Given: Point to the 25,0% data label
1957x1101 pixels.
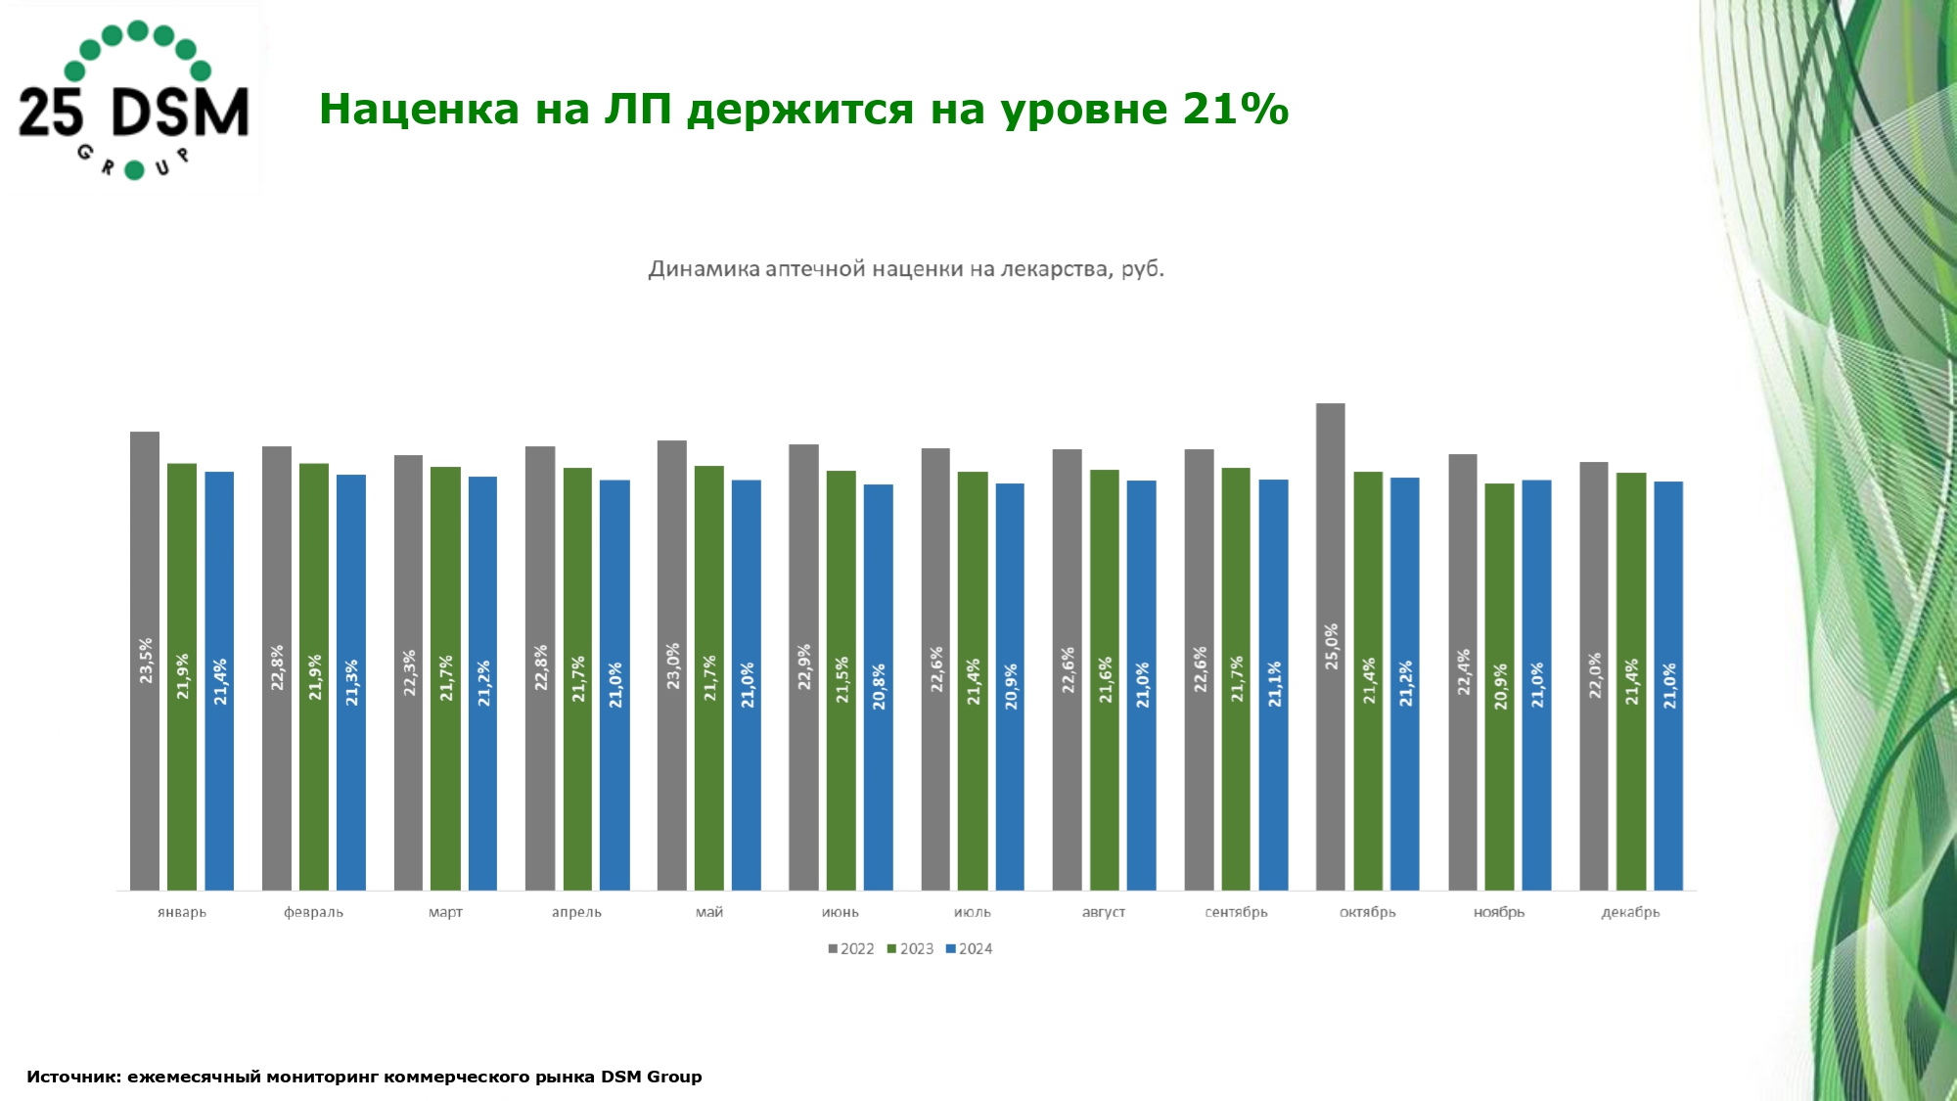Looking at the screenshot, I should tap(1331, 646).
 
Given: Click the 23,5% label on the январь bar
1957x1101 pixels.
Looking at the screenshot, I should tap(146, 660).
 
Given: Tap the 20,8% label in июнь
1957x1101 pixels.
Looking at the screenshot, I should tap(879, 686).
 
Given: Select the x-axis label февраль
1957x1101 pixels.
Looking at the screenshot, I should tap(313, 912).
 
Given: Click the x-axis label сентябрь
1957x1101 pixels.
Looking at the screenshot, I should tap(1236, 912).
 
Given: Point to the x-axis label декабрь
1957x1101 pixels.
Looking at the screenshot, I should tap(1630, 912).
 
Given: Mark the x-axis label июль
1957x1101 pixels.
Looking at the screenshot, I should tap(972, 912).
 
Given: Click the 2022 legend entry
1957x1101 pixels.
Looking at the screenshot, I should tap(851, 948).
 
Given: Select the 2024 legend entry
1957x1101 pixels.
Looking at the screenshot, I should tap(970, 948).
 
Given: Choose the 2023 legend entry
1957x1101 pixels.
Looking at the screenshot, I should tap(911, 948).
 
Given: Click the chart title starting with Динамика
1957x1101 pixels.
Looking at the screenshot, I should tap(906, 269).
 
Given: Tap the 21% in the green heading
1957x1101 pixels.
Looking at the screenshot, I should tap(1235, 109).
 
